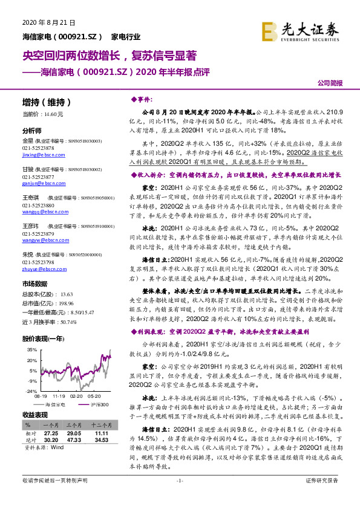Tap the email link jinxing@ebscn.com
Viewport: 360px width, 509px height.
(x=39, y=155)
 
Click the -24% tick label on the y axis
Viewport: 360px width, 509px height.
(x=30, y=391)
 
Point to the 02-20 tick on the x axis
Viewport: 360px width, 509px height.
(x=77, y=397)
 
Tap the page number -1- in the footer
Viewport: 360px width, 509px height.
(x=180, y=497)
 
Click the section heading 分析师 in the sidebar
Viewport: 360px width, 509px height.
(x=31, y=131)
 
